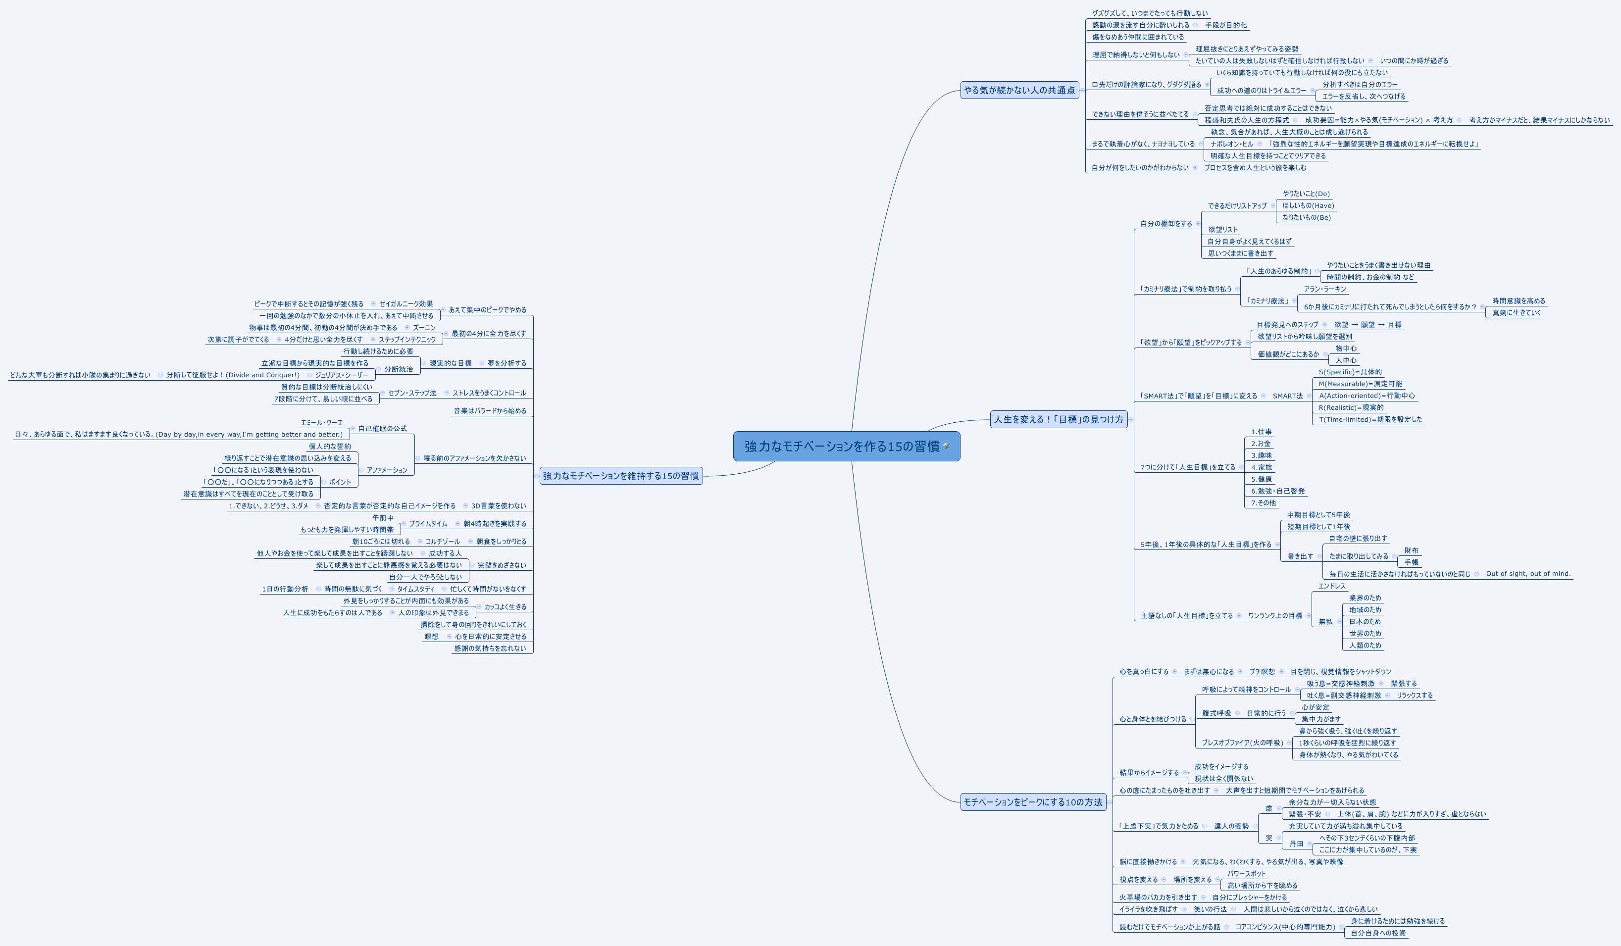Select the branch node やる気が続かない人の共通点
click(x=1019, y=91)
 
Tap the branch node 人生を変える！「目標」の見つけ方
click(x=1058, y=419)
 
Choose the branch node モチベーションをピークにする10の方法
click(x=1032, y=802)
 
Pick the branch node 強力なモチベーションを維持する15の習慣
click(x=621, y=476)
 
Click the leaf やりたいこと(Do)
click(x=1306, y=194)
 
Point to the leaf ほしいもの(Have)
click(x=1308, y=206)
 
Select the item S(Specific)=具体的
click(x=1350, y=372)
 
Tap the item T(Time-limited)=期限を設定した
click(x=1370, y=420)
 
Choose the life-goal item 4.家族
click(x=1262, y=467)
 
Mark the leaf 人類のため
click(x=1365, y=646)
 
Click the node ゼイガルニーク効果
click(x=406, y=304)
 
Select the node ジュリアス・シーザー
click(x=342, y=375)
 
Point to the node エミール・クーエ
click(x=322, y=423)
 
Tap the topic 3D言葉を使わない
click(x=499, y=506)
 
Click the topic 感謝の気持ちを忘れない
click(x=490, y=648)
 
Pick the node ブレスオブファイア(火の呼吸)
click(x=1242, y=743)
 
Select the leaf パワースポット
click(x=1246, y=874)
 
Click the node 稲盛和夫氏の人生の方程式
click(x=1247, y=120)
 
